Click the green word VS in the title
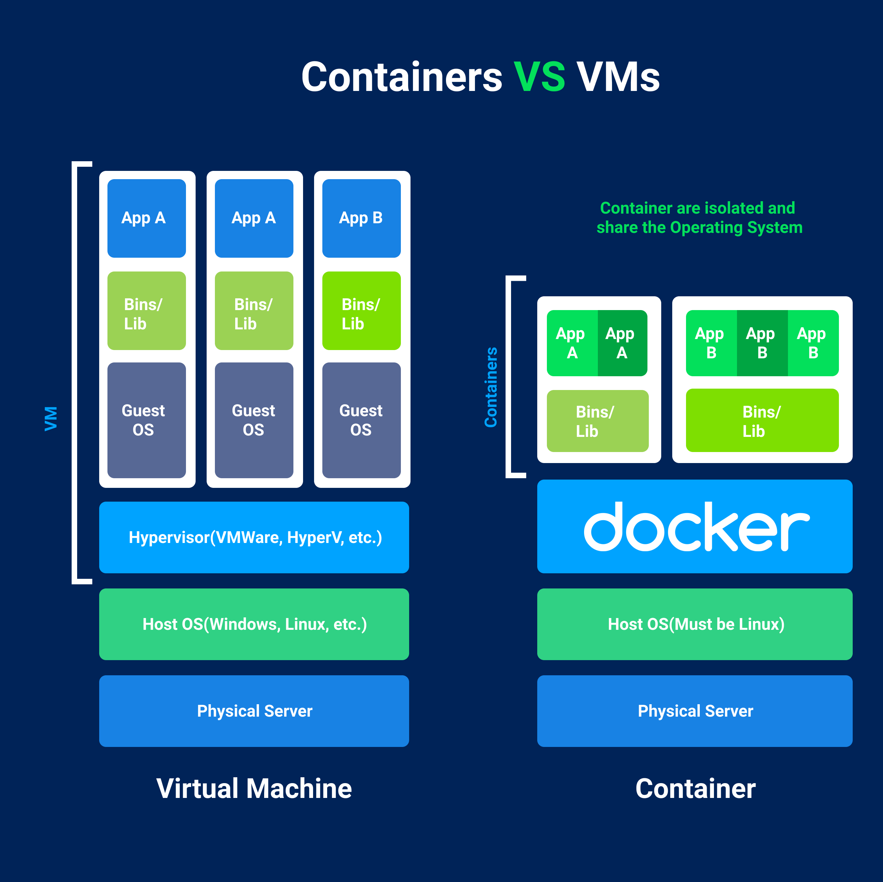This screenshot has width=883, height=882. [x=539, y=77]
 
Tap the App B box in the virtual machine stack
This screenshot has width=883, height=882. [x=361, y=218]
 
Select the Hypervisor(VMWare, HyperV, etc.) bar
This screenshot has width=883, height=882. [x=254, y=537]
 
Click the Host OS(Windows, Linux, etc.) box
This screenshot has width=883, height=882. [x=254, y=624]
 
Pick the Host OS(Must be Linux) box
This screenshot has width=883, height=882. [x=695, y=624]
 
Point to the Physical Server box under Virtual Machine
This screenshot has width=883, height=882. [x=254, y=711]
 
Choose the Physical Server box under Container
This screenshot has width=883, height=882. [x=695, y=711]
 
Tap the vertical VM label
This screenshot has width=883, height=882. [x=51, y=418]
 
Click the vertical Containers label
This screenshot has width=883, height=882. [x=491, y=387]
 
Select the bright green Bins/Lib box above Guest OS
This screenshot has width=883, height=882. [x=361, y=311]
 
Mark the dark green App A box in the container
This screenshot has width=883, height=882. [x=622, y=343]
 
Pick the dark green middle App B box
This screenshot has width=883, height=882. [x=762, y=343]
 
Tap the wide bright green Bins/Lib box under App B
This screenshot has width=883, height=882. [x=762, y=421]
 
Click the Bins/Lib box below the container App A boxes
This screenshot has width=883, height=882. [x=598, y=421]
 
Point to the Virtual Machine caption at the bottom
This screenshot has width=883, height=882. [x=254, y=789]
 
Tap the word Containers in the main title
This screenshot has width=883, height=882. [x=402, y=77]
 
